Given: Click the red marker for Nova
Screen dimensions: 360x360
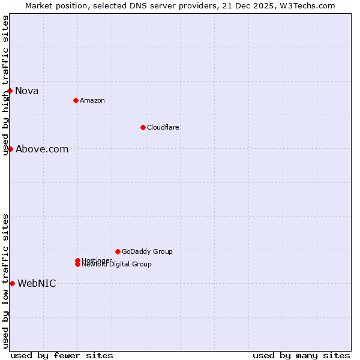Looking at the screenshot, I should point(10,91).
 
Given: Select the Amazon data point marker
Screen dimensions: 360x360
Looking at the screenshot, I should point(76,100).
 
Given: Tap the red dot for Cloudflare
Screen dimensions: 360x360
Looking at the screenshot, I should point(143,127).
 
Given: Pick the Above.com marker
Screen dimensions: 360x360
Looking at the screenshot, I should point(10,149).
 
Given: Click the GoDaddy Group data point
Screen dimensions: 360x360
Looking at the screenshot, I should point(118,251).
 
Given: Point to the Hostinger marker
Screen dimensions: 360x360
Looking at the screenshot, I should point(77,260).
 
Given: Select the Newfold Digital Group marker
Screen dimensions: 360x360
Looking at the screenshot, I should point(77,264).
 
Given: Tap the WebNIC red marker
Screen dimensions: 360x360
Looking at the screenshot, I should point(12,283).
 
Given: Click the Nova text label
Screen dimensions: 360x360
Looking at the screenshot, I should point(27,91).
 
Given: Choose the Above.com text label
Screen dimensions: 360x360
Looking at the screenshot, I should point(42,149).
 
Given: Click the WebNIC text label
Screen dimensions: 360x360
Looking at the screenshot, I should point(37,284).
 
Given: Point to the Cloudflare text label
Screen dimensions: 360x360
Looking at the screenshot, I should point(163,127).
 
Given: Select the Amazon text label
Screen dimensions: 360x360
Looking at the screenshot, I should point(92,100).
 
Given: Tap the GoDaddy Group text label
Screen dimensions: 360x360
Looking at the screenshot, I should point(147,251).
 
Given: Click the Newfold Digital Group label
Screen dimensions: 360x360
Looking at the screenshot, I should point(117,265).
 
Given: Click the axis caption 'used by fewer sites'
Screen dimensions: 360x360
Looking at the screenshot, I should point(62,355).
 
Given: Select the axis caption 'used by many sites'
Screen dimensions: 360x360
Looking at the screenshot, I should point(301,355).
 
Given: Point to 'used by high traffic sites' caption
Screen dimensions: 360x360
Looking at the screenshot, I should point(5,85).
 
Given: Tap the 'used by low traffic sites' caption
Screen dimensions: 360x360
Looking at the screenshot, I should point(5,281).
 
